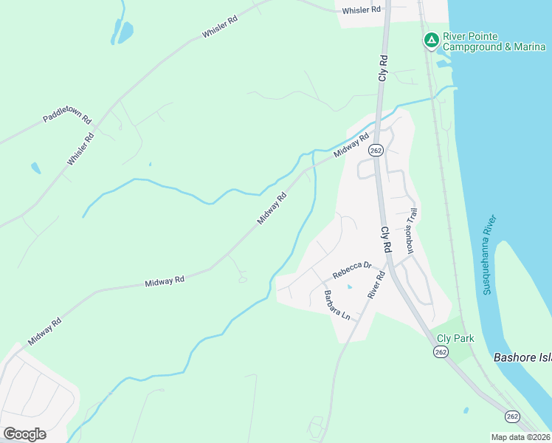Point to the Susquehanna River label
click(x=491, y=255)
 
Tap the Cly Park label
click(x=455, y=338)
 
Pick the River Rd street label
click(x=376, y=285)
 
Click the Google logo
click(x=24, y=433)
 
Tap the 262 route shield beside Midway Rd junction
click(x=376, y=151)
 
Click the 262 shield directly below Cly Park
click(x=441, y=353)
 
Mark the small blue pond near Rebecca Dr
click(x=350, y=286)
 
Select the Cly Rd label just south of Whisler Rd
click(x=383, y=67)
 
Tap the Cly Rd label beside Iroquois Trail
click(x=385, y=241)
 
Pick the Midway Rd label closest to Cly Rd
click(x=351, y=145)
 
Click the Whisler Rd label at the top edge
click(x=361, y=10)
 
